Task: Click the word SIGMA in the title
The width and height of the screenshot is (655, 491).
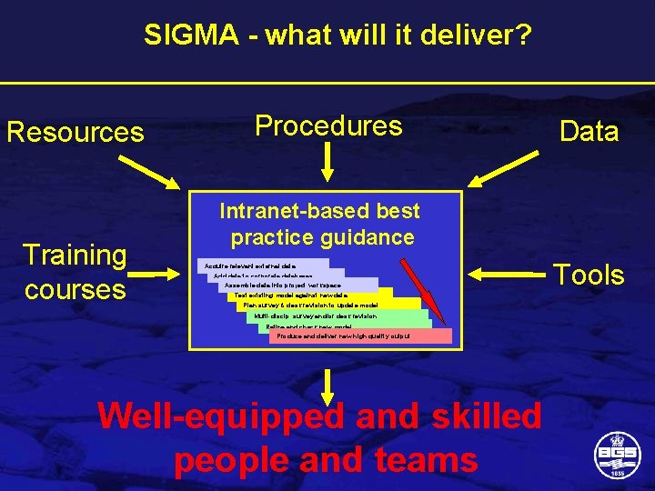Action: (186, 35)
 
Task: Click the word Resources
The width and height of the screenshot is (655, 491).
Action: (76, 133)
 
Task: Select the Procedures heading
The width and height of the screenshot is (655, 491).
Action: (328, 125)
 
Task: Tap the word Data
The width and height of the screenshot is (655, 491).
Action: (589, 132)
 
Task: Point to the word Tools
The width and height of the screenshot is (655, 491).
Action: (589, 275)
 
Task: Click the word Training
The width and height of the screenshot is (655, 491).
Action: (76, 256)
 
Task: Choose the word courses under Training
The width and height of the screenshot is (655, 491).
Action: (76, 289)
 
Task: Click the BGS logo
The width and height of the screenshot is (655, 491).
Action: (615, 454)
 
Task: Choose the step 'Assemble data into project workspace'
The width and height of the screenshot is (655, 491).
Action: (282, 285)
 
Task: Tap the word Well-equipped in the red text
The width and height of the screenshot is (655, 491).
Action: (222, 416)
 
